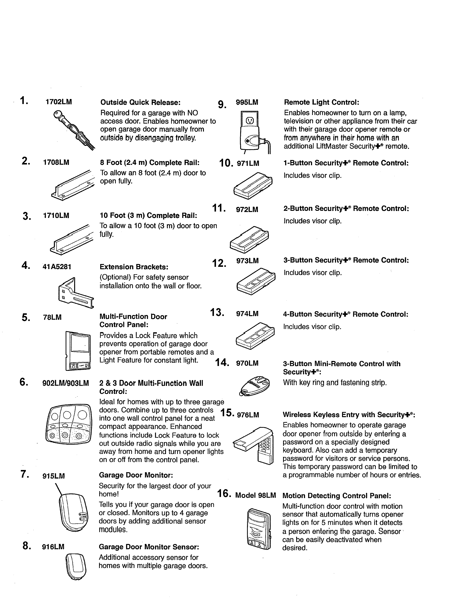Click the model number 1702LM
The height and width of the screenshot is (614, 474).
[x=59, y=102]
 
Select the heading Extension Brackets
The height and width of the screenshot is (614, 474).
[x=134, y=266]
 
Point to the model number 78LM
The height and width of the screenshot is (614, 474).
[x=52, y=317]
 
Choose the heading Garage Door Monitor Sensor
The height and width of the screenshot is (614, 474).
[x=149, y=547]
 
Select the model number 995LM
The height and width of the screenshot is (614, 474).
[x=247, y=102]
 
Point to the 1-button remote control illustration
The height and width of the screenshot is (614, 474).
[x=253, y=185]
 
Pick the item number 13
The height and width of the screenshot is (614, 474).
[x=217, y=312]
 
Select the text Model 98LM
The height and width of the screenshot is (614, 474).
[x=256, y=495]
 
